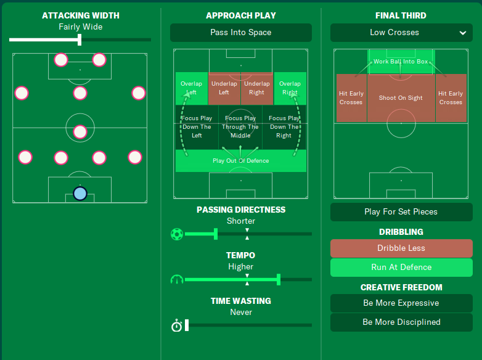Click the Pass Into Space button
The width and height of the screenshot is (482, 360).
240,33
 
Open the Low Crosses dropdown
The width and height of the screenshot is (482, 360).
401,33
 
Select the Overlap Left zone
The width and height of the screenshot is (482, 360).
191,88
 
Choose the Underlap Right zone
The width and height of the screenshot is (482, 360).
256,88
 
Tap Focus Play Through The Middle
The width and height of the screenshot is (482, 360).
240,127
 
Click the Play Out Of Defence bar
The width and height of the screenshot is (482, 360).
240,161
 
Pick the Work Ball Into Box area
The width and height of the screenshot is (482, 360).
401,62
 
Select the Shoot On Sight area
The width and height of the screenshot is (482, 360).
401,98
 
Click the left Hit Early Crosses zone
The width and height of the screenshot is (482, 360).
351,98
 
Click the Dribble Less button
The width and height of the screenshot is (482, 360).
401,248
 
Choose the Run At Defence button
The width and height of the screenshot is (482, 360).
401,268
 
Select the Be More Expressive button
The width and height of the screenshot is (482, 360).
401,303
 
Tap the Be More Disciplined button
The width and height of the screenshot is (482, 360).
401,322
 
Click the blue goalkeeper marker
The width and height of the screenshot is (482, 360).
80,194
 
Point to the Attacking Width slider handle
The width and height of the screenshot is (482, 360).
80,40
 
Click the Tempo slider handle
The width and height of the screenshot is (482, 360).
279,280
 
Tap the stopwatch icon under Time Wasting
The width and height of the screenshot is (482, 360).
176,325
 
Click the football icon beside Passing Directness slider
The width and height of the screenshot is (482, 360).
177,234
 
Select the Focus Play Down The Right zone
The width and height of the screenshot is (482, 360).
284,127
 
